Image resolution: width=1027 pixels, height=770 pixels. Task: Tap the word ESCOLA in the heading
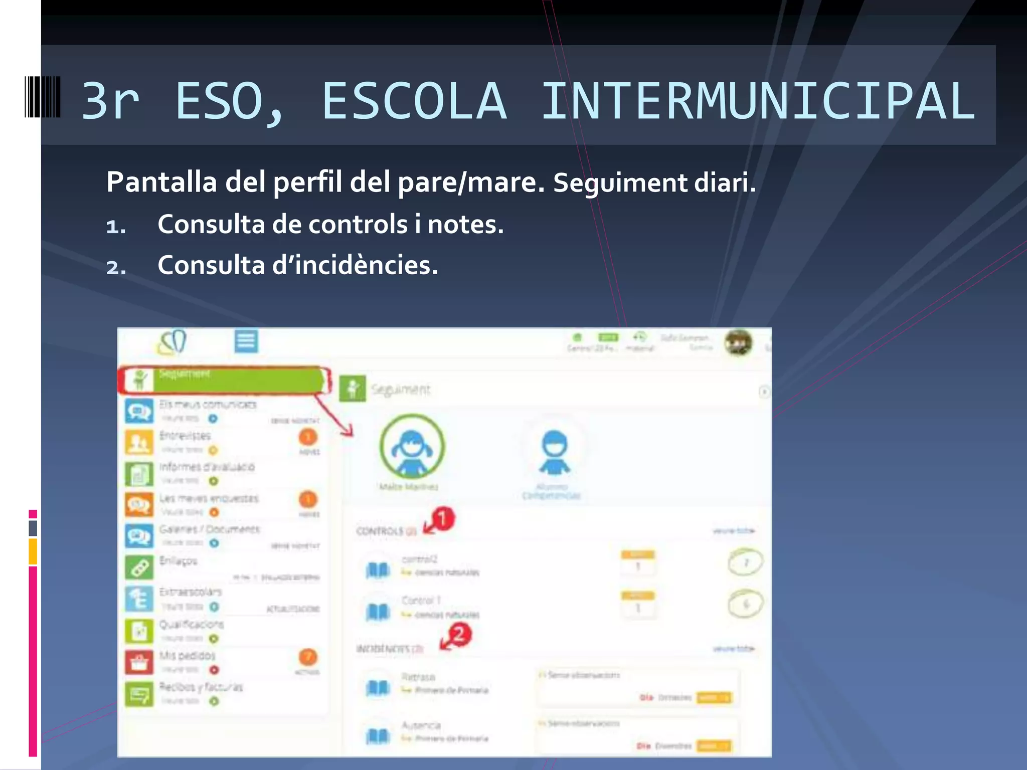point(414,101)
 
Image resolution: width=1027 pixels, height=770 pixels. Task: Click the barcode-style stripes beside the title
point(43,97)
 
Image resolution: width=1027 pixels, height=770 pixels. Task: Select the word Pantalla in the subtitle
point(161,181)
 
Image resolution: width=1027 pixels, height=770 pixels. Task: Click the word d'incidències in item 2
point(355,265)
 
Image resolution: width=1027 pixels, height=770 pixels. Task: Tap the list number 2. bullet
point(116,267)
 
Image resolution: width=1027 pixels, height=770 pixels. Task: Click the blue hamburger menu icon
point(246,341)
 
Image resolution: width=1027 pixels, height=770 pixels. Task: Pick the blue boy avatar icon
point(554,452)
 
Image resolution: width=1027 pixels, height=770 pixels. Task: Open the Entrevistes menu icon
point(139,442)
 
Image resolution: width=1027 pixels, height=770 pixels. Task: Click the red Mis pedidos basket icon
point(139,663)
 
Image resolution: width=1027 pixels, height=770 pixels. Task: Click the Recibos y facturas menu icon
point(139,694)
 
